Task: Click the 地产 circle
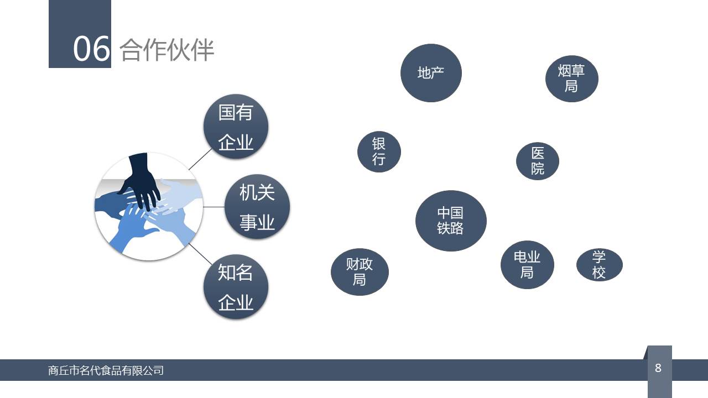click(431, 73)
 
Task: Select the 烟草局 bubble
click(571, 78)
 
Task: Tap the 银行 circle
click(379, 151)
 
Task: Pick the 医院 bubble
click(537, 161)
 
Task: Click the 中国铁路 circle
click(451, 221)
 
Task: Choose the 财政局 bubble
click(360, 272)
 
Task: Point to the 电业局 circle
click(527, 265)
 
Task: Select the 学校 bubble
click(599, 265)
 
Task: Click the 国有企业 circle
click(236, 127)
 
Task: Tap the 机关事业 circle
click(257, 207)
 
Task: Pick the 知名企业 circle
click(236, 287)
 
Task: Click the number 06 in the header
click(91, 49)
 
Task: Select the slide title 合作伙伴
click(167, 50)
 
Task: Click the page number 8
click(658, 368)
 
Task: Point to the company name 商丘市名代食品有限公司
click(106, 370)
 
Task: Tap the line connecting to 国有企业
click(200, 159)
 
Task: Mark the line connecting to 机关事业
click(214, 207)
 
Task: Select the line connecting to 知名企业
click(200, 254)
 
